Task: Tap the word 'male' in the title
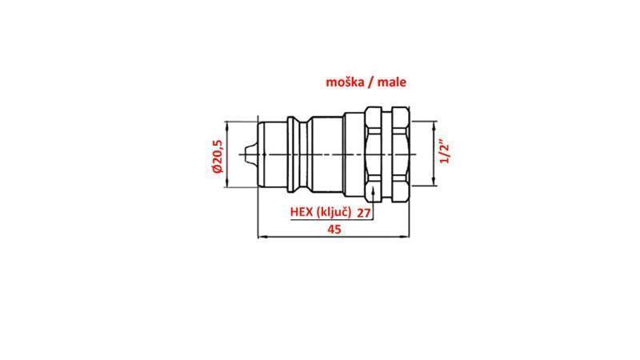click(394, 82)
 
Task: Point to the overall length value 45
click(335, 229)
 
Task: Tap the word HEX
click(302, 212)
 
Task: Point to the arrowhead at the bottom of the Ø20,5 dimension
click(230, 185)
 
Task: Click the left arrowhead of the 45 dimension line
click(260, 237)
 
